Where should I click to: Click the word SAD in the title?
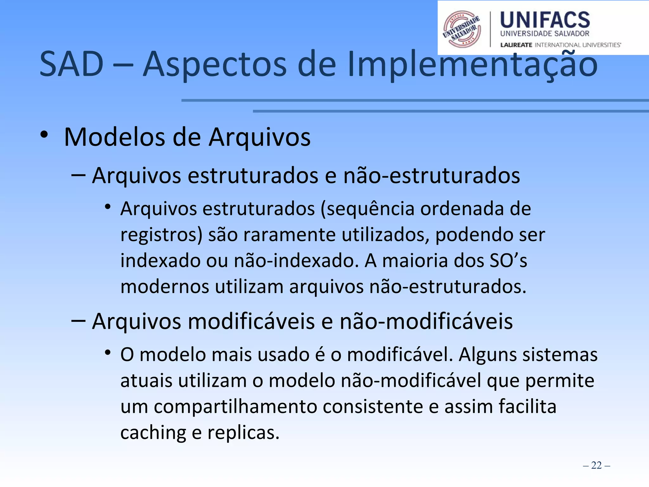click(72, 64)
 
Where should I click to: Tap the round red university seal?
click(461, 29)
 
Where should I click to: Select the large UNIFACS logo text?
click(545, 20)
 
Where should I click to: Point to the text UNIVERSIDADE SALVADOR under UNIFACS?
click(544, 34)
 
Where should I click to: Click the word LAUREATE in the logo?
click(516, 45)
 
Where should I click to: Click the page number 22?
click(596, 465)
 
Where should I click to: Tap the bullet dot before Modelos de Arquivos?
click(44, 134)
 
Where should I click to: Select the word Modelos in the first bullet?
click(114, 137)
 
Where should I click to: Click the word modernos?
click(165, 287)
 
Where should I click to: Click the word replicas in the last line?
click(243, 433)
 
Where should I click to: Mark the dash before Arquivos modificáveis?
click(78, 321)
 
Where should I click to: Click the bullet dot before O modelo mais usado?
click(108, 352)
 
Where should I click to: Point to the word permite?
click(560, 381)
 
